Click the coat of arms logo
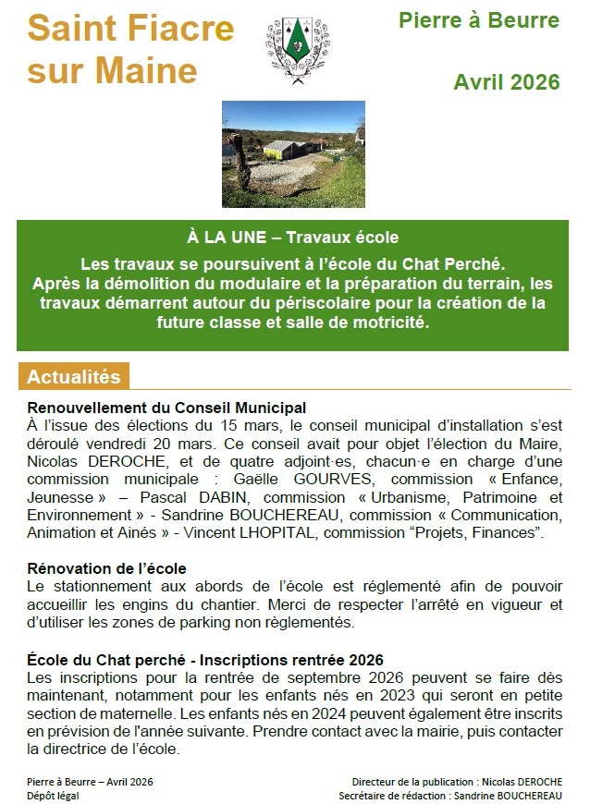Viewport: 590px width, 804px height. point(295,51)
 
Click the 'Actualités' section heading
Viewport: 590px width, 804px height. point(74,377)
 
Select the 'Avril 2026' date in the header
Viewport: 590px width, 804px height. point(507,82)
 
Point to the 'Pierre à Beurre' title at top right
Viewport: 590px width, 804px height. point(479,20)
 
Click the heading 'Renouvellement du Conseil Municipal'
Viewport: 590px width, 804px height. point(166,408)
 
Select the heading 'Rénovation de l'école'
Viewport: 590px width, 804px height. point(107,567)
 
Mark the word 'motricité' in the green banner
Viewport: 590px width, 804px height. point(387,324)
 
